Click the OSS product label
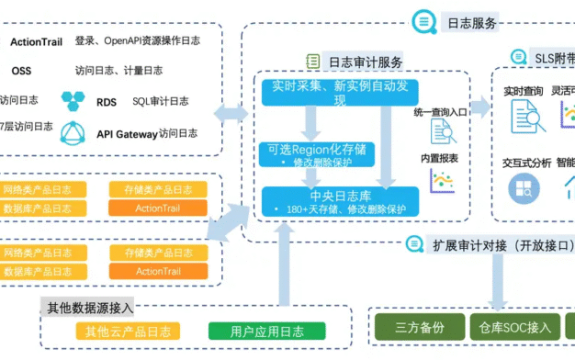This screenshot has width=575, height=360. coord(21,70)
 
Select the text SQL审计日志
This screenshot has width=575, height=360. coord(161,101)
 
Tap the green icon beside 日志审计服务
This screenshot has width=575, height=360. coord(313,62)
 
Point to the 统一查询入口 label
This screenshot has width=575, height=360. coord(440,111)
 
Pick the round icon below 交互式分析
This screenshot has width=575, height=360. coord(524,188)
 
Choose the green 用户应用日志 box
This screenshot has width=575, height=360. coord(254,332)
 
